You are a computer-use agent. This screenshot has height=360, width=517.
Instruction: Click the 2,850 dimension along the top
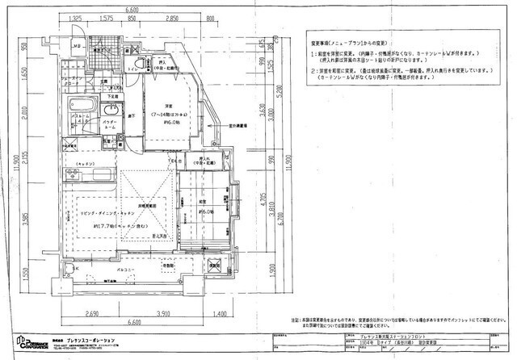pos(171,17)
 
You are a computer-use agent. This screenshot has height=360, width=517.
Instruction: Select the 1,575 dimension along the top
pos(105,17)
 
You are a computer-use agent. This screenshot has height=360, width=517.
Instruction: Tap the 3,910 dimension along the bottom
pos(164,313)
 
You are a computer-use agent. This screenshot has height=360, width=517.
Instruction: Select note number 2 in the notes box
pos(313,71)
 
